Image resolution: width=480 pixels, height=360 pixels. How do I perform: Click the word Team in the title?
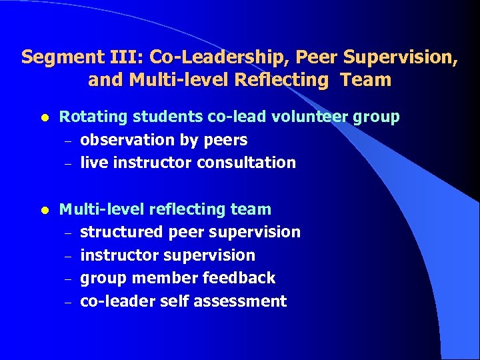pyautogui.click(x=365, y=81)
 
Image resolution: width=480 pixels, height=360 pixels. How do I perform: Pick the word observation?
pyautogui.click(x=127, y=140)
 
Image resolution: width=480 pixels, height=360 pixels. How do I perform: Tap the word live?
pyautogui.click(x=91, y=163)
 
